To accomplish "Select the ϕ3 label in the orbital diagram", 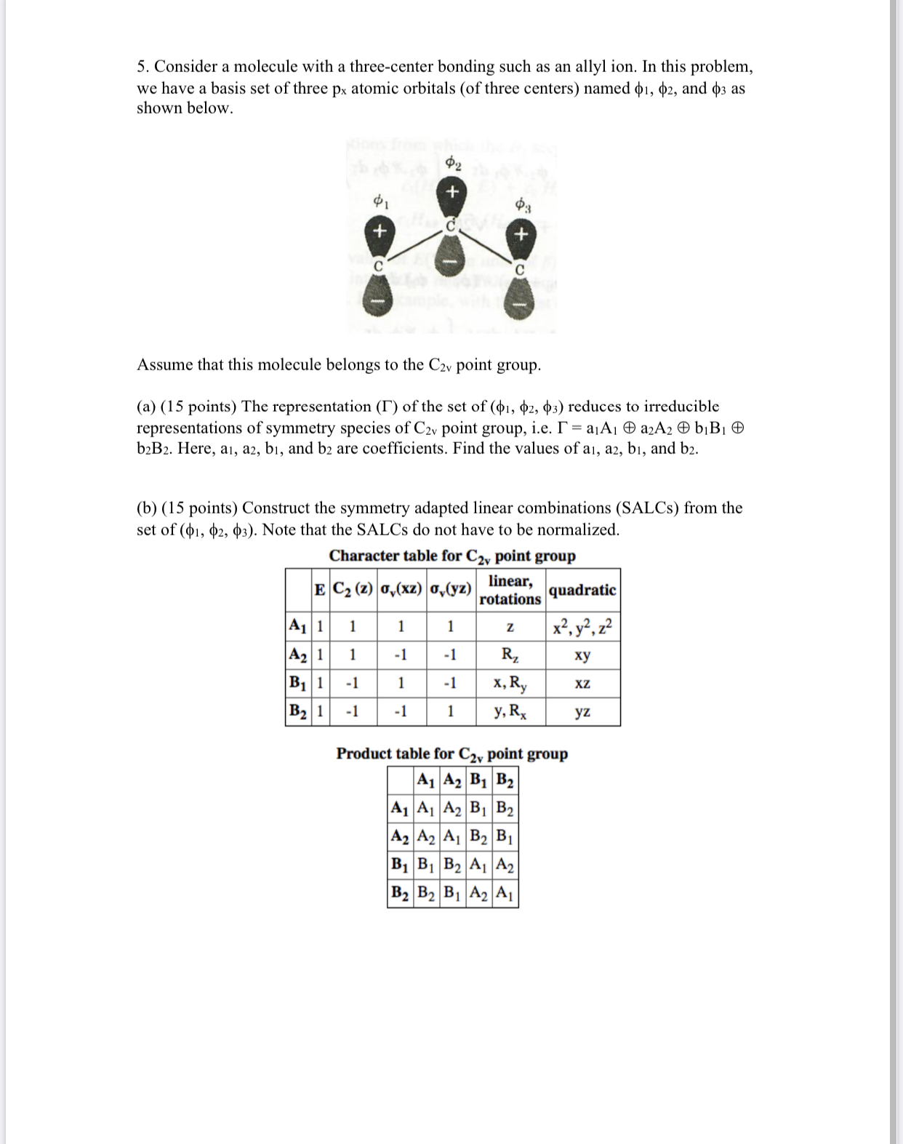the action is click(x=522, y=205).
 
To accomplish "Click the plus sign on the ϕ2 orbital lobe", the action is click(x=451, y=193).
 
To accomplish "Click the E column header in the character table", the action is click(x=319, y=590).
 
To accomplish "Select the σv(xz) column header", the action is click(x=401, y=590).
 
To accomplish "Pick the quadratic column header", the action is click(x=582, y=590).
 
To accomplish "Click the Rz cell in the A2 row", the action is click(x=510, y=655).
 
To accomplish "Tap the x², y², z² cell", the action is click(x=582, y=626).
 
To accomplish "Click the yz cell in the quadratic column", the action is click(x=582, y=712).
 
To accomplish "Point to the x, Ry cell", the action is click(x=510, y=683).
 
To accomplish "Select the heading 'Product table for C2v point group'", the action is click(x=451, y=753).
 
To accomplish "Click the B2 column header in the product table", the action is click(x=505, y=780).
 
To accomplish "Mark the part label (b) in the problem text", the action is click(x=145, y=509).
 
